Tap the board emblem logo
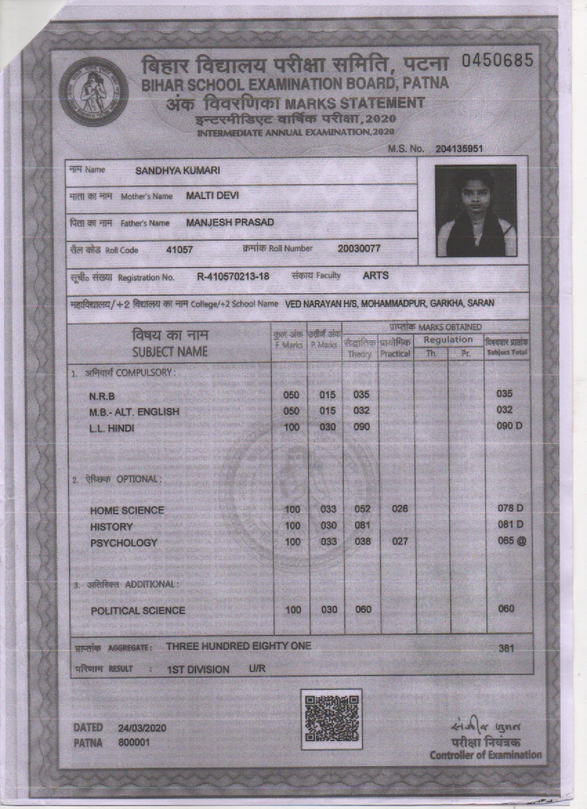coord(94,91)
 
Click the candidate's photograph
coord(476,210)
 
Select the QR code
coord(331,718)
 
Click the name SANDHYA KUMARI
coord(178,171)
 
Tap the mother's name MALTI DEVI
coord(212,196)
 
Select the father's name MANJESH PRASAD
coord(230,223)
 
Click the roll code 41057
coord(180,249)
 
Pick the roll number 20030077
coord(359,248)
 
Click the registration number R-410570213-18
coord(233,277)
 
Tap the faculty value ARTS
coord(376,275)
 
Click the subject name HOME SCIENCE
coord(127,510)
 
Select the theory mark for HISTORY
coord(363,526)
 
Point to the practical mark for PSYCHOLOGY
coord(400,542)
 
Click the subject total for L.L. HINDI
coord(510,426)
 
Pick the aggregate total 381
coord(506,649)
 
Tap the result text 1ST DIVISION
coord(198,669)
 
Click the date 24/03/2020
coord(142,728)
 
